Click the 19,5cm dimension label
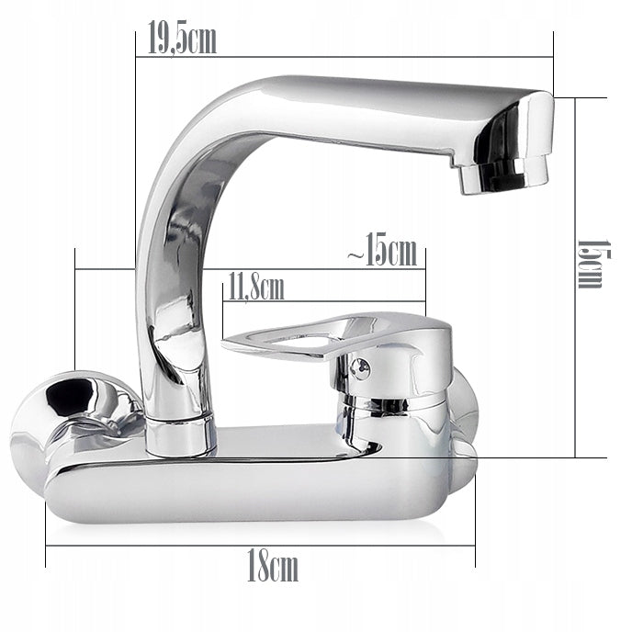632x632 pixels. click(182, 38)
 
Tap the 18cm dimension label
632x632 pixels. click(273, 565)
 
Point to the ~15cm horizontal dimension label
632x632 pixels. click(382, 250)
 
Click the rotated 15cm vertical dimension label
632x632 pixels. click(594, 264)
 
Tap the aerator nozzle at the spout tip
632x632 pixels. click(503, 175)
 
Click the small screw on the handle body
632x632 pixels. click(360, 367)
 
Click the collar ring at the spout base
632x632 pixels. click(180, 437)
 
